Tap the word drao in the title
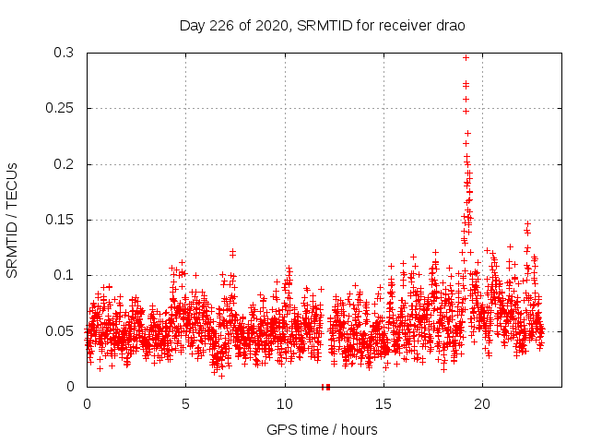click(x=450, y=25)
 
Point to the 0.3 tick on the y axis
click(x=64, y=54)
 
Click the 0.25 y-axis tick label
click(x=60, y=109)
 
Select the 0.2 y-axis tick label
click(x=64, y=164)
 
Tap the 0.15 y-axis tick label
click(x=60, y=221)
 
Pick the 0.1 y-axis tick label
click(x=64, y=276)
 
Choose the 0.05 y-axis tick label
click(x=60, y=331)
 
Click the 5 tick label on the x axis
click(x=185, y=404)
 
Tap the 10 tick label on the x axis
click(x=284, y=404)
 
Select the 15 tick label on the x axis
click(x=383, y=404)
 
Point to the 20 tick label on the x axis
click(x=482, y=404)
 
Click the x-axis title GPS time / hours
click(x=322, y=429)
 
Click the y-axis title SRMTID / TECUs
click(x=13, y=220)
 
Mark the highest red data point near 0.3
click(x=466, y=57)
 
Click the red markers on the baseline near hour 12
click(x=325, y=387)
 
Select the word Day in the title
click(x=191, y=25)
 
